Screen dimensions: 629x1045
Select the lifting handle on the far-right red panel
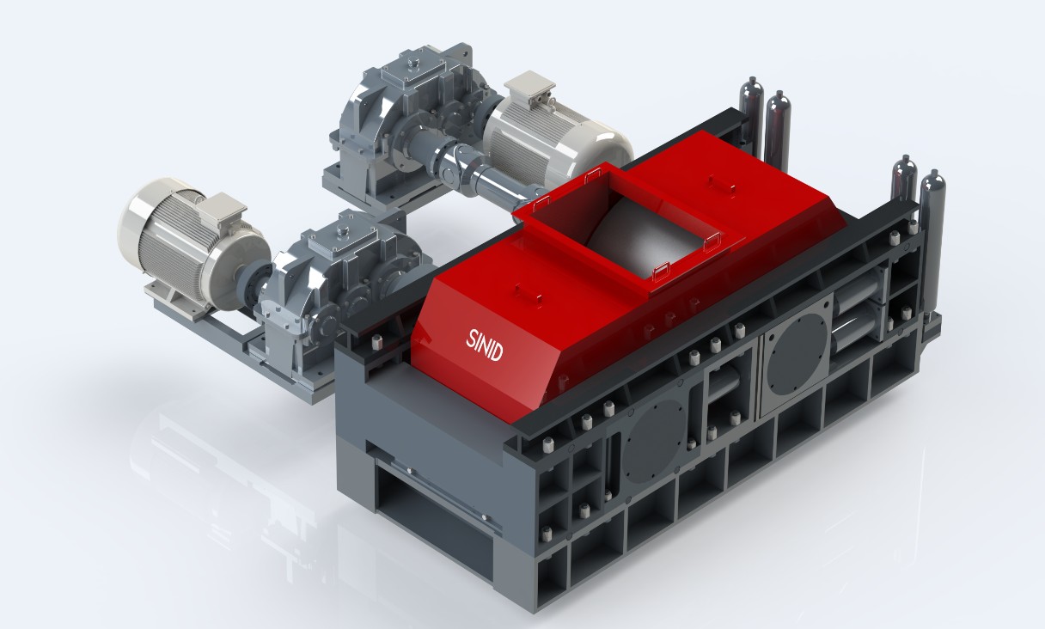click(x=712, y=181)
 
